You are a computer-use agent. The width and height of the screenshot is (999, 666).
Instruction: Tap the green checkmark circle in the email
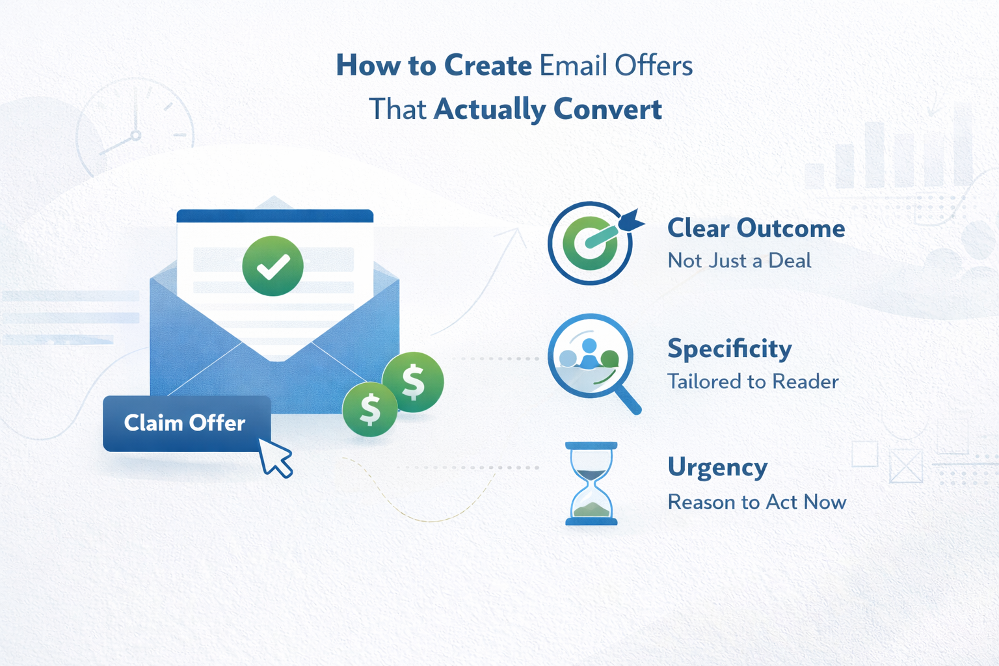point(273,266)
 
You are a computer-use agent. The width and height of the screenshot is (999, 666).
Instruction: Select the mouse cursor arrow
point(275,458)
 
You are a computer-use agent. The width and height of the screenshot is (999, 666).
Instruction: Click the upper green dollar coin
point(413,382)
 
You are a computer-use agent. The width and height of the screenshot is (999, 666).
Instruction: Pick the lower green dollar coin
point(370,409)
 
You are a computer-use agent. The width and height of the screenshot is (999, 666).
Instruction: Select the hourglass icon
point(591,483)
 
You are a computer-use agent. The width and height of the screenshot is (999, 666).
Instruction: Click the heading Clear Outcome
point(756,228)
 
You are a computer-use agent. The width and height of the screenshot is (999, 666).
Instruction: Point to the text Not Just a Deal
point(739,261)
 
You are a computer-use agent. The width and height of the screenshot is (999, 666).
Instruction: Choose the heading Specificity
point(730,349)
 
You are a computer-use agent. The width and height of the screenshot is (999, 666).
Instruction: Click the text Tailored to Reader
point(753,381)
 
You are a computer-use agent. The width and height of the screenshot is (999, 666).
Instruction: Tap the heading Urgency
point(717,468)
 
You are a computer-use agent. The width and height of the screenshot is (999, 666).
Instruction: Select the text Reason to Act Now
point(757,502)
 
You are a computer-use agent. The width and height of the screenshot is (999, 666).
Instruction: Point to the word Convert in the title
point(607,109)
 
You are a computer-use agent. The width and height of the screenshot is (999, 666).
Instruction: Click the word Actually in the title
point(490,109)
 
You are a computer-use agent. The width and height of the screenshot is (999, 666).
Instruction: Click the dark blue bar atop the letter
point(275,216)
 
